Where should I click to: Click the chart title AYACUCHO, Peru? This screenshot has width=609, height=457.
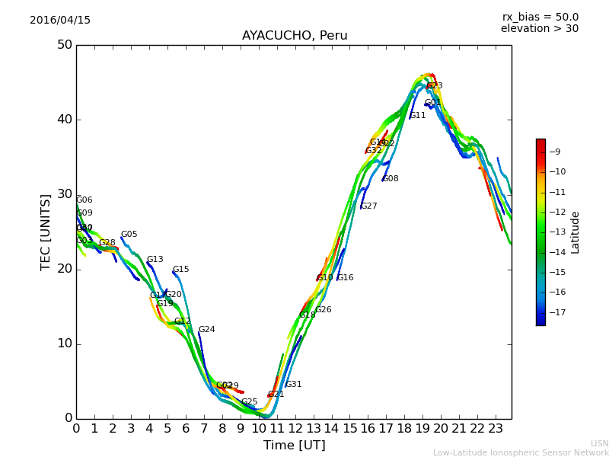coord(294,36)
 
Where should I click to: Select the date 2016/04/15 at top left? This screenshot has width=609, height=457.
coord(60,20)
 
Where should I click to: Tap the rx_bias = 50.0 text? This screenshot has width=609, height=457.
coord(540,17)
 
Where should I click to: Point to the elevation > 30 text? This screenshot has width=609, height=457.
coord(539,29)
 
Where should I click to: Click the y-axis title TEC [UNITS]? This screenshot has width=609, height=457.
coord(46,232)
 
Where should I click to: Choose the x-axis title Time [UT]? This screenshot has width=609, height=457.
coord(294,446)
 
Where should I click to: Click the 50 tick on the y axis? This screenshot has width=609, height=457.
coord(64,45)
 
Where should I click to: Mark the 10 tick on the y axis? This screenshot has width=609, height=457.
coord(64,344)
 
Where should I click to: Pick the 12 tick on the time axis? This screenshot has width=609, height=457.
coord(295,429)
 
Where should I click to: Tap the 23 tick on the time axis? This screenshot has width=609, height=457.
coord(496,429)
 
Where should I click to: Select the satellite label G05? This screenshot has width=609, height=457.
coord(129,235)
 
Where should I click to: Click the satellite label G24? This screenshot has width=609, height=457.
coord(206,330)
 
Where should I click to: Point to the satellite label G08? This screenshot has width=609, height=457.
coord(390,179)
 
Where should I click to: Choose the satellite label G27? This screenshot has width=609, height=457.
coord(368,206)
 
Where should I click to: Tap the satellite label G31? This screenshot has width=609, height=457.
coord(293,385)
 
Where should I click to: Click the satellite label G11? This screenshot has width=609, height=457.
coord(417,116)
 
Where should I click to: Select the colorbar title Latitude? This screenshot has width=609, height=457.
coord(576,232)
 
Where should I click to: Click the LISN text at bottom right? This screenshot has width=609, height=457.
coord(600,443)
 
